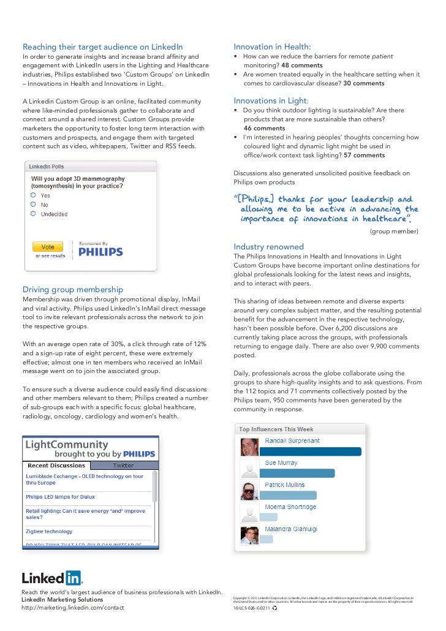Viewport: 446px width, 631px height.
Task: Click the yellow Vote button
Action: coord(48,247)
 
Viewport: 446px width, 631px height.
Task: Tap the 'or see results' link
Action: coord(50,256)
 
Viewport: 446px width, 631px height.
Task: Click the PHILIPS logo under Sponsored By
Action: coord(100,251)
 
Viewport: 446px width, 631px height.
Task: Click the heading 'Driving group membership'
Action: coord(73,289)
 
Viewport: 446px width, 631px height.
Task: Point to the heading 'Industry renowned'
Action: coord(268,247)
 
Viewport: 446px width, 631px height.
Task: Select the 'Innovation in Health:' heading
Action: coord(272,47)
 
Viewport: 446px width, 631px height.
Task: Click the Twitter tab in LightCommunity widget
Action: coord(123,466)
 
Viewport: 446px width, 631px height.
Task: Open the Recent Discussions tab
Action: coord(56,466)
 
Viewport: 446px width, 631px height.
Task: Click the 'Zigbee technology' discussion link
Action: coord(49,532)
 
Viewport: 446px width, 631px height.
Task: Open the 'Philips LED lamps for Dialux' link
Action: coord(60,497)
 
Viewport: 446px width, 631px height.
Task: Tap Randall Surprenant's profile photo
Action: coord(249,447)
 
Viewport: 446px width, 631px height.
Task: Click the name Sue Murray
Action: coord(281,463)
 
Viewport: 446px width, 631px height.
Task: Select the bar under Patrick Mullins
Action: coord(289,495)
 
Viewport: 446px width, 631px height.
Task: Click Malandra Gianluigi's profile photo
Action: coord(249,535)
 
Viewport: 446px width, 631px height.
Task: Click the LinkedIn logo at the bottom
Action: coord(52,578)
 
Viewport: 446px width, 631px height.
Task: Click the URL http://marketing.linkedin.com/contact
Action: coord(72,608)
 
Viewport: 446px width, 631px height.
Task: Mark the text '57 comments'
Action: coord(365,156)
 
